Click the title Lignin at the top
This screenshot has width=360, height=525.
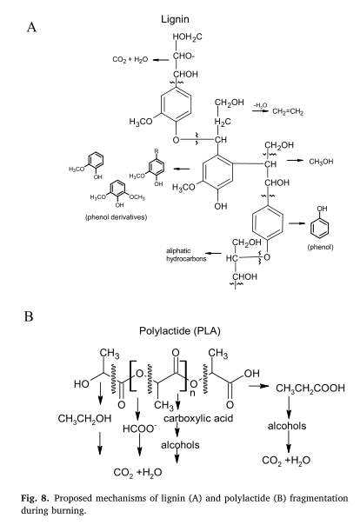click(x=175, y=19)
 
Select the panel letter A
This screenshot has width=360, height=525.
click(x=31, y=27)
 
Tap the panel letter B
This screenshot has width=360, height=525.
click(x=29, y=316)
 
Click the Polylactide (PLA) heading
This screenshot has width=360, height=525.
click(x=180, y=331)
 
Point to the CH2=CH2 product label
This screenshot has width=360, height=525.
click(x=288, y=111)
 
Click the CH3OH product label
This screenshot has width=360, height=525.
click(x=321, y=162)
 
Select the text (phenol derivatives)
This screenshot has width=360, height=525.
click(x=116, y=217)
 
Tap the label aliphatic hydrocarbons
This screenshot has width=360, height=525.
click(x=186, y=255)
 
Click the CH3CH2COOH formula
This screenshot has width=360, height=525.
click(x=310, y=388)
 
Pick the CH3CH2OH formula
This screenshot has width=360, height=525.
click(x=84, y=419)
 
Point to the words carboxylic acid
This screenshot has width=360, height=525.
click(x=198, y=419)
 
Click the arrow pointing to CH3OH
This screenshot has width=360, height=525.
click(x=295, y=161)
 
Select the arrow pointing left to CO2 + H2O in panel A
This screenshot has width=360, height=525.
click(x=161, y=60)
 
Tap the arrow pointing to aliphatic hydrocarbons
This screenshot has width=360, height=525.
click(x=213, y=254)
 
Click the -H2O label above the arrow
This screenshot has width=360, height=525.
click(x=260, y=106)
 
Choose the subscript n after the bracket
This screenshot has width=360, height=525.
click(x=192, y=392)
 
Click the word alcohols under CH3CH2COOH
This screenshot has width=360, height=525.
click(x=287, y=426)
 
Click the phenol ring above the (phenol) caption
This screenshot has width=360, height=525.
click(x=319, y=228)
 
